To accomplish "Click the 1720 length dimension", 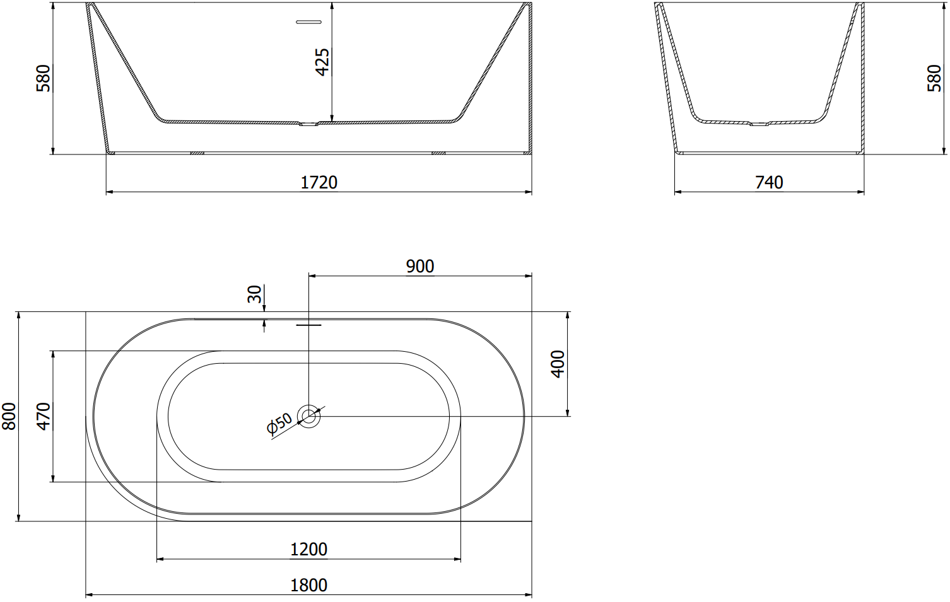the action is (x=319, y=183).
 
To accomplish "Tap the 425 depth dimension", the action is (x=323, y=62).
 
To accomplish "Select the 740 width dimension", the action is (x=769, y=183).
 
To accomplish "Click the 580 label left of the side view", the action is (x=44, y=78).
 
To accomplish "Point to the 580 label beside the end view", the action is (x=934, y=78).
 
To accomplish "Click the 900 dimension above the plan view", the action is (x=420, y=267).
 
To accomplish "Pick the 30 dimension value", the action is (x=254, y=294).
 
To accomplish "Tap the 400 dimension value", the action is (x=558, y=364).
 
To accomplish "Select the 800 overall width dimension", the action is (x=9, y=416).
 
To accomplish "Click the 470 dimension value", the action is (x=44, y=416).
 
